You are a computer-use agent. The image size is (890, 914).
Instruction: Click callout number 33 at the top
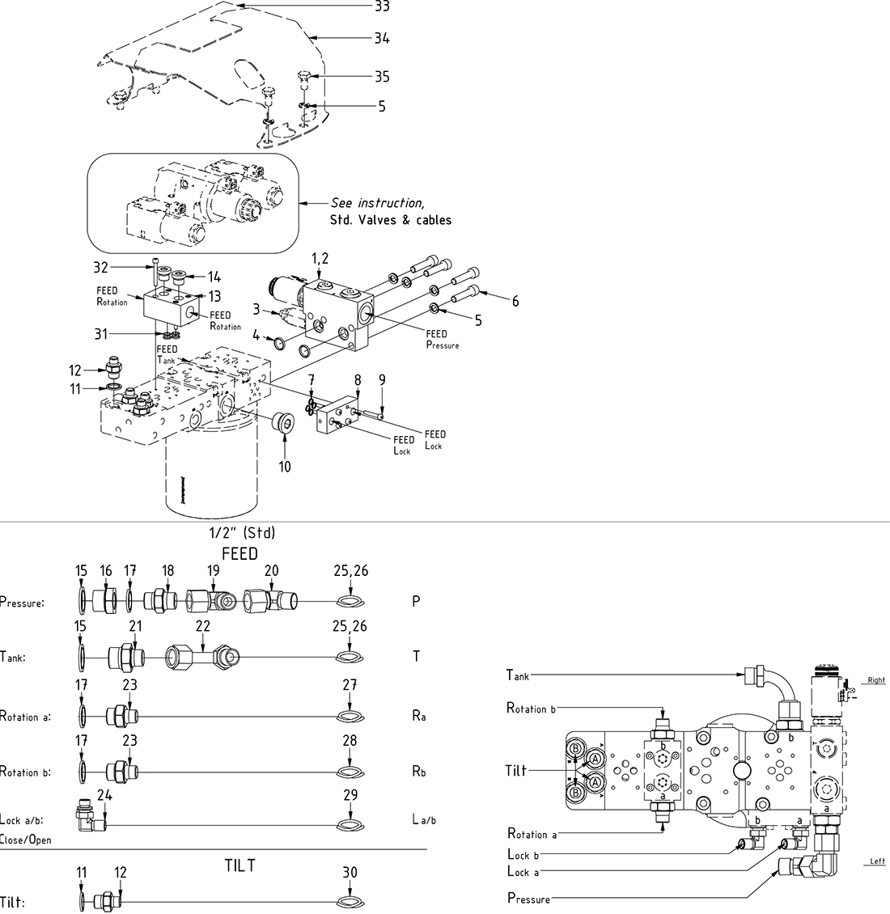click(382, 6)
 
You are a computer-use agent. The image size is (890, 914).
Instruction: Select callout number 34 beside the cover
click(382, 37)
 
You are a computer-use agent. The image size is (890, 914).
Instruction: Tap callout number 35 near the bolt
click(382, 77)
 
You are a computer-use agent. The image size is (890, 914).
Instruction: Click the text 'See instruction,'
click(377, 203)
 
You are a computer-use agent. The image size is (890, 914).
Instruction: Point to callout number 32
click(100, 265)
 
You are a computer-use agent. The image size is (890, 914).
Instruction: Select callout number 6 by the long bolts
click(515, 302)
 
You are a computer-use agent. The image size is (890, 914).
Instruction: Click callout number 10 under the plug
click(285, 467)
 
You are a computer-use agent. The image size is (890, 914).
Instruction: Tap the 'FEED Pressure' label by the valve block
click(442, 339)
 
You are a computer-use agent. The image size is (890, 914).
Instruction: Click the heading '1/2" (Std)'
click(243, 533)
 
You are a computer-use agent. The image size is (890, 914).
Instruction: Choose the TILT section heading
click(239, 865)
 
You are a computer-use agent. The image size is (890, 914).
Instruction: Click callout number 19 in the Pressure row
click(213, 571)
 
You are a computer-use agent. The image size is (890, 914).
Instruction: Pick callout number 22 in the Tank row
click(202, 626)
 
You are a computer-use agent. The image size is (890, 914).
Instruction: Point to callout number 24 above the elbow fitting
click(104, 796)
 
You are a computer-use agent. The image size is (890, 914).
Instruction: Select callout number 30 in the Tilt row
click(349, 873)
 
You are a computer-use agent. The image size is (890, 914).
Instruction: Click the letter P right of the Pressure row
click(417, 603)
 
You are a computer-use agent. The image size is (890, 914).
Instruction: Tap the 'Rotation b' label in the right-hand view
click(531, 709)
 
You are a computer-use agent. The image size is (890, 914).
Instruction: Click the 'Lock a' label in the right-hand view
click(523, 871)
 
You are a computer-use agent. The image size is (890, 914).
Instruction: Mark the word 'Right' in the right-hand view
click(876, 680)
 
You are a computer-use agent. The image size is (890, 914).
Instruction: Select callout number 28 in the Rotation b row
click(349, 740)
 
